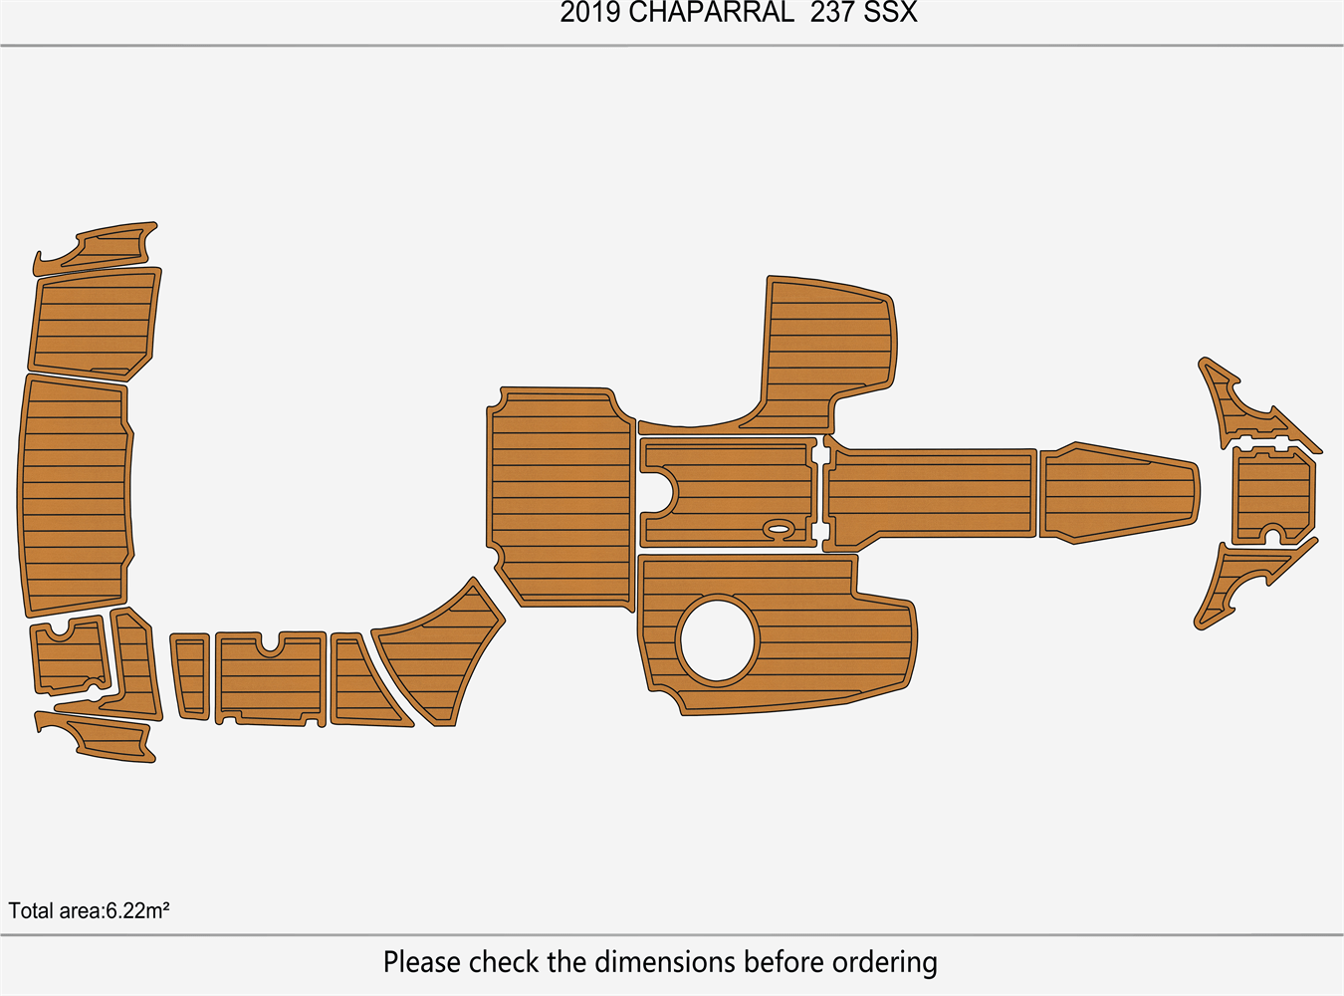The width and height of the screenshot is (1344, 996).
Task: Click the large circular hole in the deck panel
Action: [x=718, y=640]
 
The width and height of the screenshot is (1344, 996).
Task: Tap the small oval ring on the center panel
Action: [x=779, y=529]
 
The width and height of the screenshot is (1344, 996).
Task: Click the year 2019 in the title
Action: [x=590, y=13]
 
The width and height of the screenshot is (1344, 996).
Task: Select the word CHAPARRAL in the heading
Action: [x=712, y=13]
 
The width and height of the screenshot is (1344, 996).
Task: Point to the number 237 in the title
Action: [x=833, y=13]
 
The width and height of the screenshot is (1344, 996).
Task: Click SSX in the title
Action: [x=891, y=13]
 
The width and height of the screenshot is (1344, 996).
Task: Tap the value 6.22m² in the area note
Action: [x=137, y=910]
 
